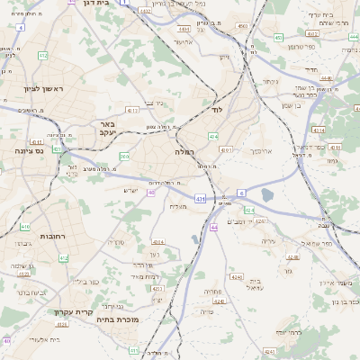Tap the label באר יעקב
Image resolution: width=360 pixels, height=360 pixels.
coord(107,129)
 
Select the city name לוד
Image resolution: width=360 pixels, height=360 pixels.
coord(216,109)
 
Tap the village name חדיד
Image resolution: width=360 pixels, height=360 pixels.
coord(311,68)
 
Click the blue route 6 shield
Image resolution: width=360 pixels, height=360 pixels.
coord(241,193)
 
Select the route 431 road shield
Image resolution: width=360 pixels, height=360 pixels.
coord(199,197)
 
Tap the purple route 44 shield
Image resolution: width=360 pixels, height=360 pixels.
coord(214,228)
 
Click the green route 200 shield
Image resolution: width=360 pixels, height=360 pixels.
coord(124,157)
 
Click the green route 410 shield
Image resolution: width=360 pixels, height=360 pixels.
coord(25,227)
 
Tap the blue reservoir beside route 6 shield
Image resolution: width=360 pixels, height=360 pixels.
coord(267,194)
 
